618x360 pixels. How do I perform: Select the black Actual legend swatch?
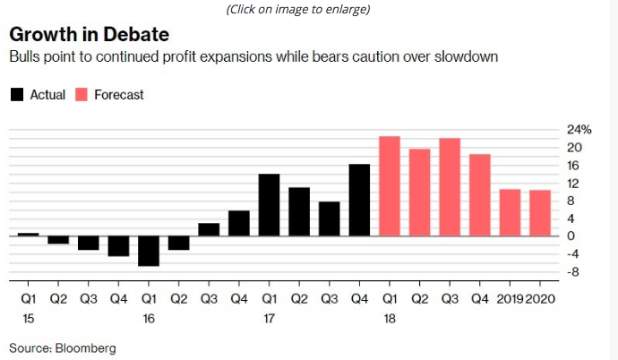(17, 95)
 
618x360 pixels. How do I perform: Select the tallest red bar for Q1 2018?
(390, 186)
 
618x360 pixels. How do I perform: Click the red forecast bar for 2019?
(510, 212)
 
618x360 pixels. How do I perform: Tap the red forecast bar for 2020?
(539, 213)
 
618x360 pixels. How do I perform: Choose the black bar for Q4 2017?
(359, 200)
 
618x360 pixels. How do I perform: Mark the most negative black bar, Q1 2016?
(149, 251)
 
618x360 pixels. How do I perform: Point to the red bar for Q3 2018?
(450, 187)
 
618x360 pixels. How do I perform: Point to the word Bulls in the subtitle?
(23, 57)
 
